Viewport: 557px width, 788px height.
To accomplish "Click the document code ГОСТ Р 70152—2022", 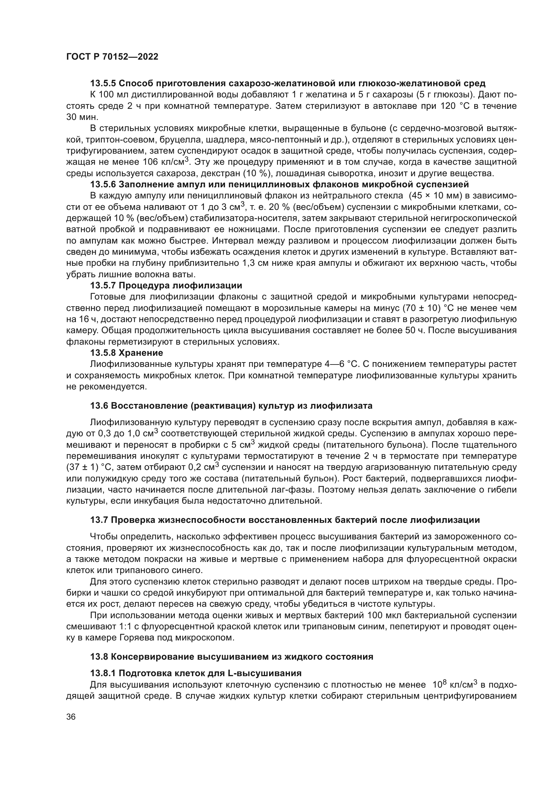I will pos(112,57).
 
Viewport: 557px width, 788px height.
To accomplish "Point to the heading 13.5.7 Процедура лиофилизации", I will pos(166,286).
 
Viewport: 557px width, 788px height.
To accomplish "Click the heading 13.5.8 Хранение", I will pos(126,353).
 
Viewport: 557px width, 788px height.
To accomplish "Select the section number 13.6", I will pos(99,406).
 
